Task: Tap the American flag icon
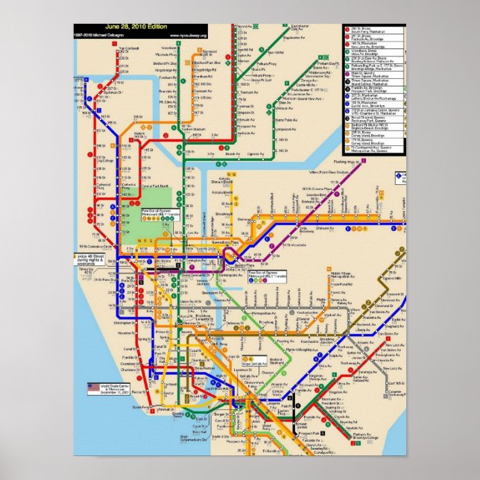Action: pyautogui.click(x=92, y=387)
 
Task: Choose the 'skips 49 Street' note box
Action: pyautogui.click(x=90, y=258)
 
